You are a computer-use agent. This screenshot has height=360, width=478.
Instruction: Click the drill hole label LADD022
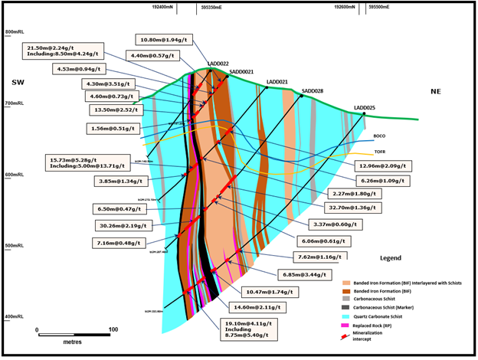pos(218,64)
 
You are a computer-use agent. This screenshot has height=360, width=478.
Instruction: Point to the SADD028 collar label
pos(313,91)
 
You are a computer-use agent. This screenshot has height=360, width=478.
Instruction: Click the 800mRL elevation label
pos(16,31)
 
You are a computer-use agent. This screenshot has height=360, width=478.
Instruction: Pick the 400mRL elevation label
pos(16,316)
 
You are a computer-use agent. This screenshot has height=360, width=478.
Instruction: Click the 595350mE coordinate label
pos(211,7)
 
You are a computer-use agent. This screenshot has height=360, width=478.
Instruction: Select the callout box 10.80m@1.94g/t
pos(165,39)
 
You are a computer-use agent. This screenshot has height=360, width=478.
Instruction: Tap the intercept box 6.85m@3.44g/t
pos(303,274)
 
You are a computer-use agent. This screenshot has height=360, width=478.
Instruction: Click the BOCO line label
pos(379,136)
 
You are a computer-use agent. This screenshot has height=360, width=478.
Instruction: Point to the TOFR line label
pos(379,152)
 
